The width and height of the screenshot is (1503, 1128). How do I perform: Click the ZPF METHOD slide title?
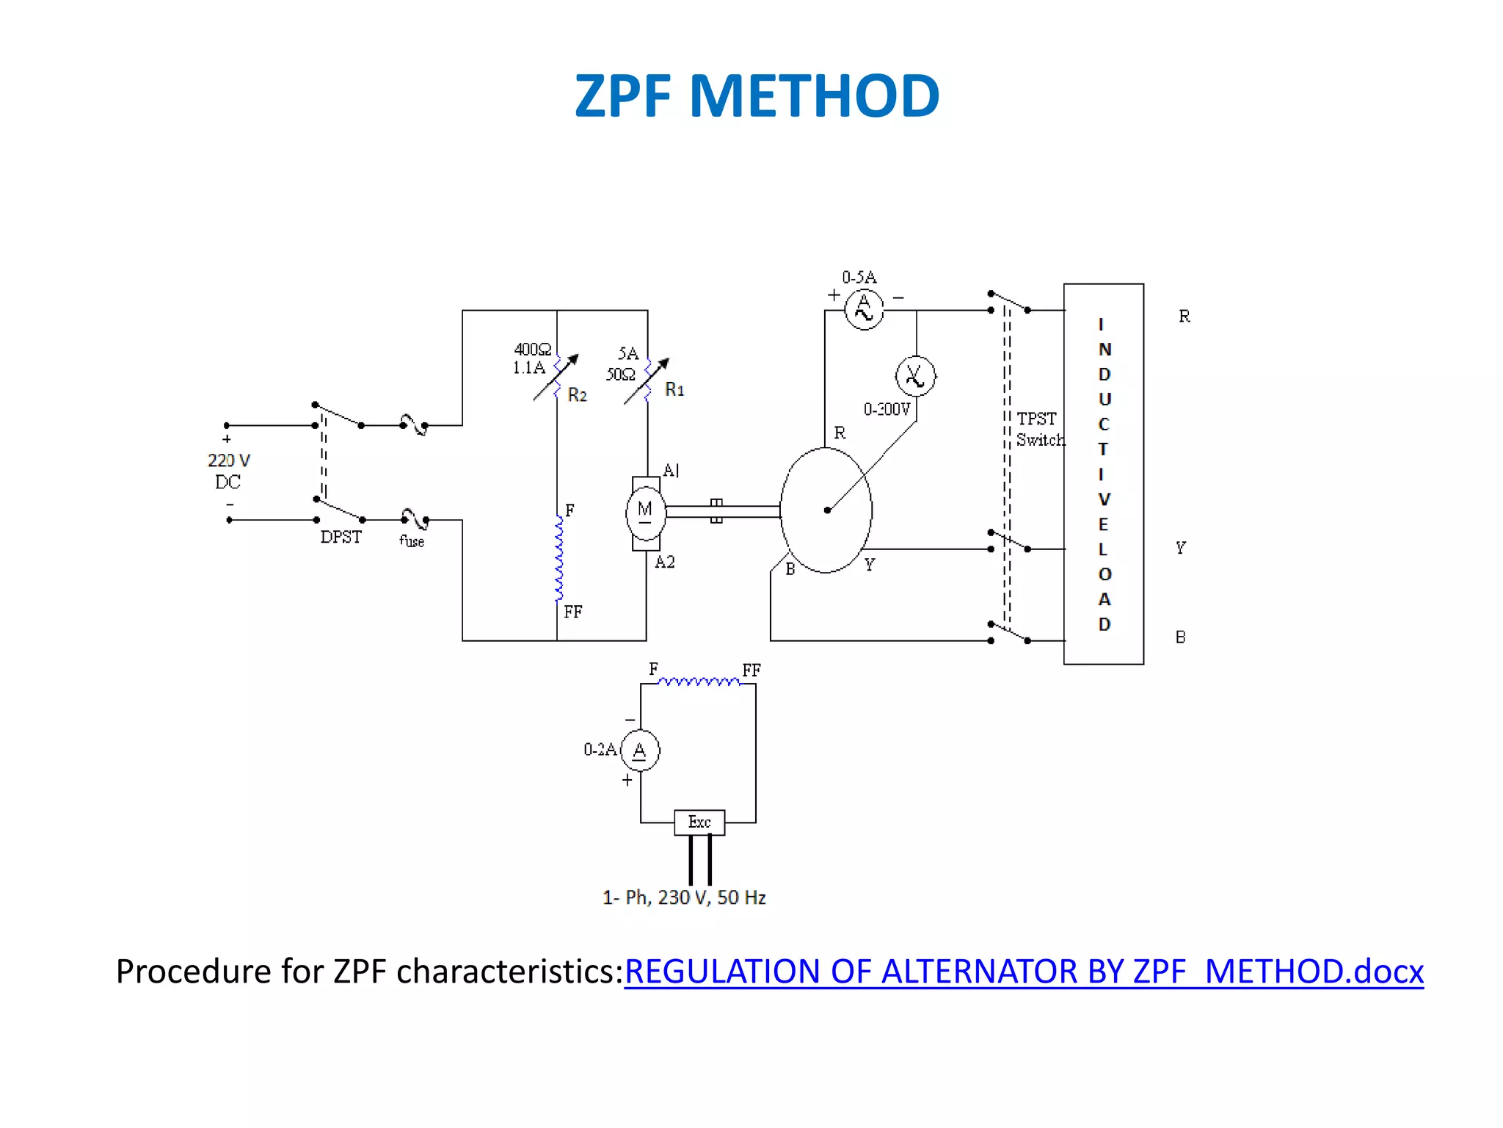[x=757, y=96]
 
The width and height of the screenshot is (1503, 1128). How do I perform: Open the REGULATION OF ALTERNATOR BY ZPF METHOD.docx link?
[x=1023, y=971]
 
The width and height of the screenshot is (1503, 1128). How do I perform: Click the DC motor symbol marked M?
[x=645, y=512]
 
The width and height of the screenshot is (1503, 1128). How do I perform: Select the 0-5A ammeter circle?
[x=864, y=310]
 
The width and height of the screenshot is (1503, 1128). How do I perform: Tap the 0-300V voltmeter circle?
[x=915, y=376]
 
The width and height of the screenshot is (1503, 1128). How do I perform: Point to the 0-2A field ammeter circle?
[x=640, y=751]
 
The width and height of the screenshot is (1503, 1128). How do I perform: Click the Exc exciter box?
[x=699, y=822]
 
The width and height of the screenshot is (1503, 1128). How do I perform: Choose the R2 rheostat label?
[x=578, y=395]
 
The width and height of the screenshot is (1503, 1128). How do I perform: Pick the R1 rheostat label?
[x=674, y=389]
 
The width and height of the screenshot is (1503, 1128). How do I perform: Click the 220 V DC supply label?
[x=228, y=471]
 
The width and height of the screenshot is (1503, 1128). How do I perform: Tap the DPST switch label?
[x=341, y=537]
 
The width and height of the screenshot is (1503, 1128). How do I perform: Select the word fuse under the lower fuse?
[x=412, y=541]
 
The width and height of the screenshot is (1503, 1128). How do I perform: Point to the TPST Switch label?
[x=1039, y=429]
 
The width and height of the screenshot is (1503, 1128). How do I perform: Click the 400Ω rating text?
[x=532, y=350]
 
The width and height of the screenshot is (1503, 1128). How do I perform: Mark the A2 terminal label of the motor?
[x=665, y=563]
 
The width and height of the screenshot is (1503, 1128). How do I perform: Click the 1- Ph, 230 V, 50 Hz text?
[x=684, y=897]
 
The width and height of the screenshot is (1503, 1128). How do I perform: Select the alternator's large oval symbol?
[x=826, y=510]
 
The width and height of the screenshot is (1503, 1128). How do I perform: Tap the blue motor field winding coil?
[x=559, y=558]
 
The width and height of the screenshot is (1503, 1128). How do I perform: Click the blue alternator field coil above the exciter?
[x=698, y=682]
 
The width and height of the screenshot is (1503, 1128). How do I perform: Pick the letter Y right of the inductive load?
[x=1180, y=548]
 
